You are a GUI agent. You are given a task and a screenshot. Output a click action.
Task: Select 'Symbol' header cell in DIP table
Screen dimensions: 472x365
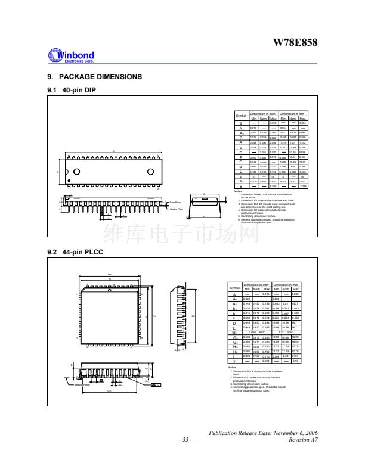pyautogui.click(x=241, y=115)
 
